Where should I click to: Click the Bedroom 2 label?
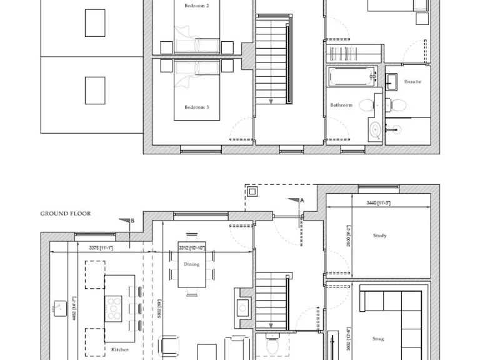(196, 6)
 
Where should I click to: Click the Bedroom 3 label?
(196, 107)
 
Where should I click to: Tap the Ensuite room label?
(412, 82)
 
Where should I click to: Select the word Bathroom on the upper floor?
(341, 105)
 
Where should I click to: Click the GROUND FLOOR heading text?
(66, 214)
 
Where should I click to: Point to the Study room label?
(379, 236)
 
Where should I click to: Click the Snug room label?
(378, 339)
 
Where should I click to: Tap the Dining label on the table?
(191, 264)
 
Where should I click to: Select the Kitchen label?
(120, 350)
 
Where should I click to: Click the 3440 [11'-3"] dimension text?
(379, 203)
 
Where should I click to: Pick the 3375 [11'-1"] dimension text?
(101, 248)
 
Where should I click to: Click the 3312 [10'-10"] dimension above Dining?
(192, 248)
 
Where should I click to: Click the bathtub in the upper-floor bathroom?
(351, 77)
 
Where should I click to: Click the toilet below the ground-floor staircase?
(272, 344)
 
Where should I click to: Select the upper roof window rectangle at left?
(95, 24)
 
